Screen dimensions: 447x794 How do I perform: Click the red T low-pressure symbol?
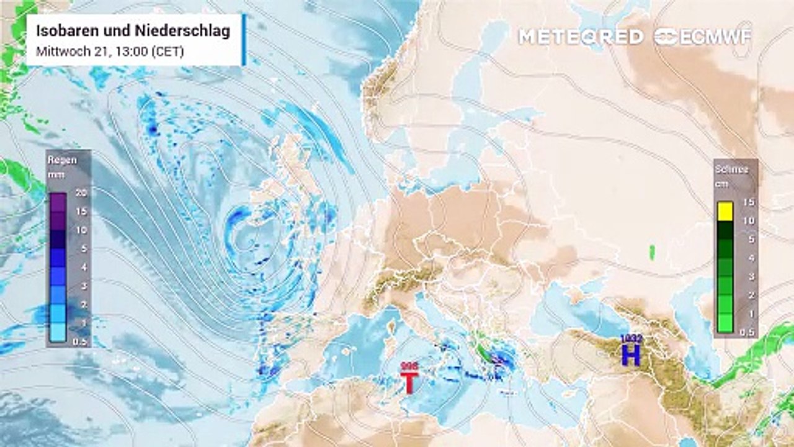409,382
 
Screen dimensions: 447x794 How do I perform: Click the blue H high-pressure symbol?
631,354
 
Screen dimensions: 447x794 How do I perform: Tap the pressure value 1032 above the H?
631,339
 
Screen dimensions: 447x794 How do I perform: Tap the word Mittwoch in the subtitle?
58,52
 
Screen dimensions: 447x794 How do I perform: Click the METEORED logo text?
581,37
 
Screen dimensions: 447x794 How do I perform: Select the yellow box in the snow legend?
725,212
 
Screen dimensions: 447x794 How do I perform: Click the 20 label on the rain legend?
81,193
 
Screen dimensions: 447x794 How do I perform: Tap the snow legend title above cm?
732,169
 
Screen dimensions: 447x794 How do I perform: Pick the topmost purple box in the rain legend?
59,202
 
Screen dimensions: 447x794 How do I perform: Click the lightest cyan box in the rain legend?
59,333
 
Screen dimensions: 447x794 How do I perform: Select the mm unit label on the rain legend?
55,174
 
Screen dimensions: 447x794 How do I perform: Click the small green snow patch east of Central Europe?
652,252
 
